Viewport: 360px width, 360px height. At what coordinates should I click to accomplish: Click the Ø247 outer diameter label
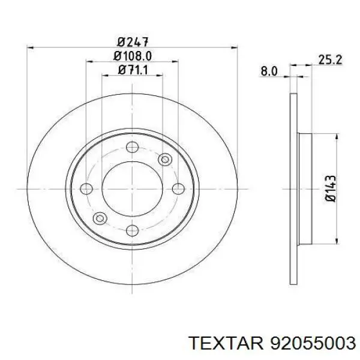tap(133, 42)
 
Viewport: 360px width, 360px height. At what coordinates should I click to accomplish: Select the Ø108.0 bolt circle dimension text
tap(133, 56)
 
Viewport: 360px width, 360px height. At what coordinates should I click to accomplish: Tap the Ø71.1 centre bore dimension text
tap(133, 70)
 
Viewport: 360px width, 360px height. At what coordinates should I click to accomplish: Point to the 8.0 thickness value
tap(269, 71)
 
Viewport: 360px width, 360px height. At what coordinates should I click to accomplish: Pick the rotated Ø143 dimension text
tap(330, 189)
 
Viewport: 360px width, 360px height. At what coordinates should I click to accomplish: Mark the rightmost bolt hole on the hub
tap(178, 188)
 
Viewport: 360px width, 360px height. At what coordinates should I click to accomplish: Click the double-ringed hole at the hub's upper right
tap(165, 159)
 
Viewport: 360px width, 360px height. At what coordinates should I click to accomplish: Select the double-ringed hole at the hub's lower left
tap(100, 217)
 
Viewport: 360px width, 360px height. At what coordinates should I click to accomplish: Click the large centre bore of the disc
tap(133, 188)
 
